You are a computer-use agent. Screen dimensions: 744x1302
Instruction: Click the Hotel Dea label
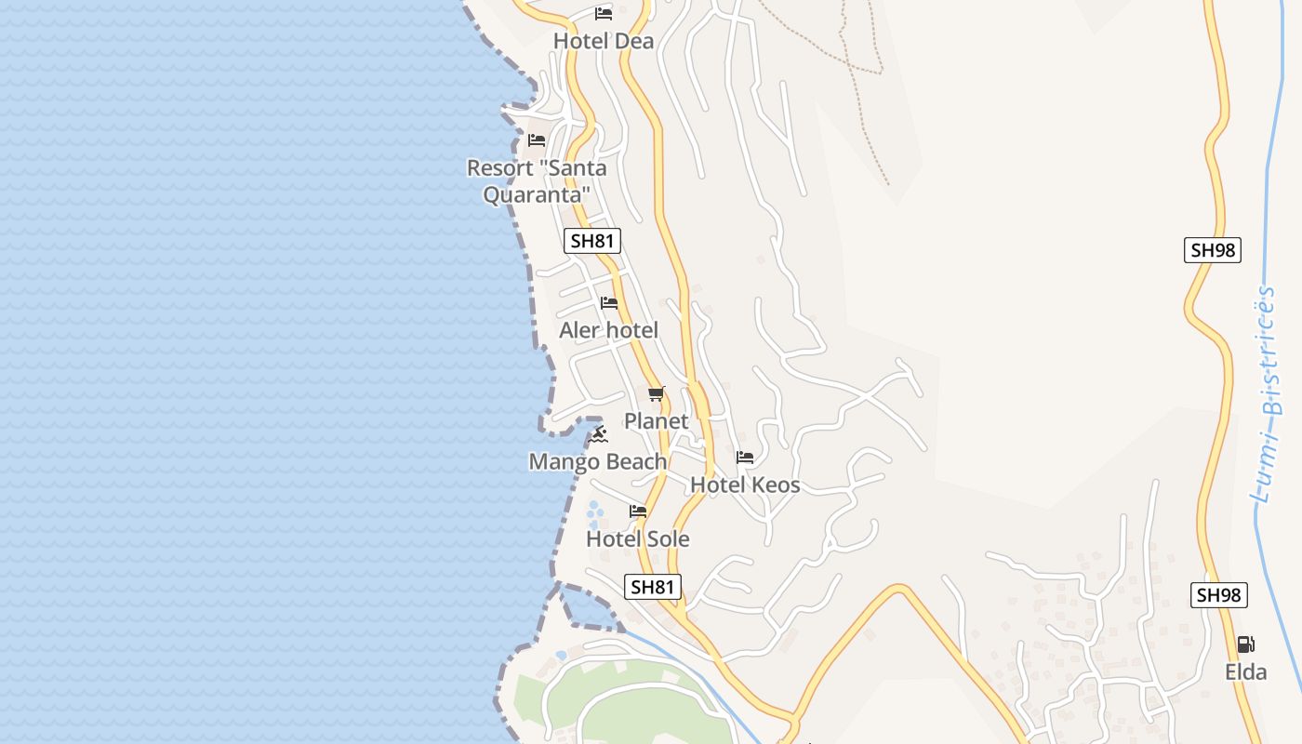(604, 41)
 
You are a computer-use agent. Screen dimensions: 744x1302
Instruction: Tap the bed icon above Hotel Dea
(604, 14)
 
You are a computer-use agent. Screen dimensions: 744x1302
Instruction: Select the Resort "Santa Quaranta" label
(537, 181)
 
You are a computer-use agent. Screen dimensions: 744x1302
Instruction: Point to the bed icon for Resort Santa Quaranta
(537, 140)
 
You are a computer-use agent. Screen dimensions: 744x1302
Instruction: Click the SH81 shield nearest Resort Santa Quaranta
(592, 241)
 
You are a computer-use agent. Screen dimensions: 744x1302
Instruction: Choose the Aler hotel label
(608, 330)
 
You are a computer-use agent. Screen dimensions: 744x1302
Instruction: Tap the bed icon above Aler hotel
(609, 303)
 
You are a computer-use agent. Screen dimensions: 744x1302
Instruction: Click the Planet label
(656, 421)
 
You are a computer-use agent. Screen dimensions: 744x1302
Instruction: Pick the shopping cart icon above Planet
(657, 394)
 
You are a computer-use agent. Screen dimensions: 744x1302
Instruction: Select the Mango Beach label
(598, 461)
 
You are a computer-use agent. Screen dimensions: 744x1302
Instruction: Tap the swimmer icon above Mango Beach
(599, 434)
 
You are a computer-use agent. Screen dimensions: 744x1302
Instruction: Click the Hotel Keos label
(745, 485)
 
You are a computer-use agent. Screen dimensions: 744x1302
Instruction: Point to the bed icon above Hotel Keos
(745, 458)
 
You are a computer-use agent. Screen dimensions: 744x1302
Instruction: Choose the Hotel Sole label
(638, 538)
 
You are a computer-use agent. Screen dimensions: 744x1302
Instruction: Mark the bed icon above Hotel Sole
(638, 511)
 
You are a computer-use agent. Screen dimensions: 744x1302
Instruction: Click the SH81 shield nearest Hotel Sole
(652, 587)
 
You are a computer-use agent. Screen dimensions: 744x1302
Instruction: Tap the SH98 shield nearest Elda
(1219, 595)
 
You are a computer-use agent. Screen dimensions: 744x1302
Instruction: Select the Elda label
(1245, 671)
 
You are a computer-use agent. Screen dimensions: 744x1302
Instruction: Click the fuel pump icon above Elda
(1245, 644)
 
